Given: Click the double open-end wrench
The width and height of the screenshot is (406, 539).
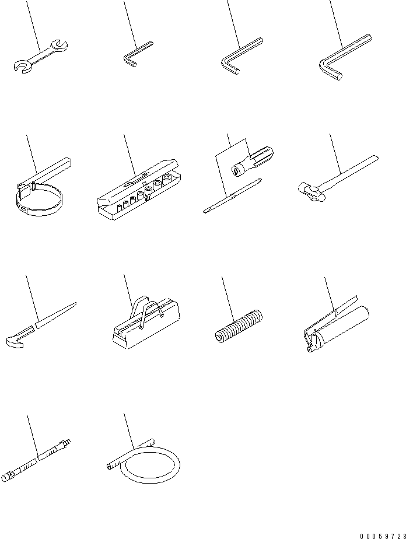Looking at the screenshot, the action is point(41,56).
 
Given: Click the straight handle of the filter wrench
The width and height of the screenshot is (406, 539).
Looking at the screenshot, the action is point(51,170).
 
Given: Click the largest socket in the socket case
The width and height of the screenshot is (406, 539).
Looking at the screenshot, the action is point(167,179).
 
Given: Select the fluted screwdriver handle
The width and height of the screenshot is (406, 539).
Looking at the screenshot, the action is point(253,160).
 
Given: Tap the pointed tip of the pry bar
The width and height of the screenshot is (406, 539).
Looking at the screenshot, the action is point(76,303).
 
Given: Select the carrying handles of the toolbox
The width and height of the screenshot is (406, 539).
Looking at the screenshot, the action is point(146,309).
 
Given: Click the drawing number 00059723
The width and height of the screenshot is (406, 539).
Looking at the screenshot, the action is point(383,536).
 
